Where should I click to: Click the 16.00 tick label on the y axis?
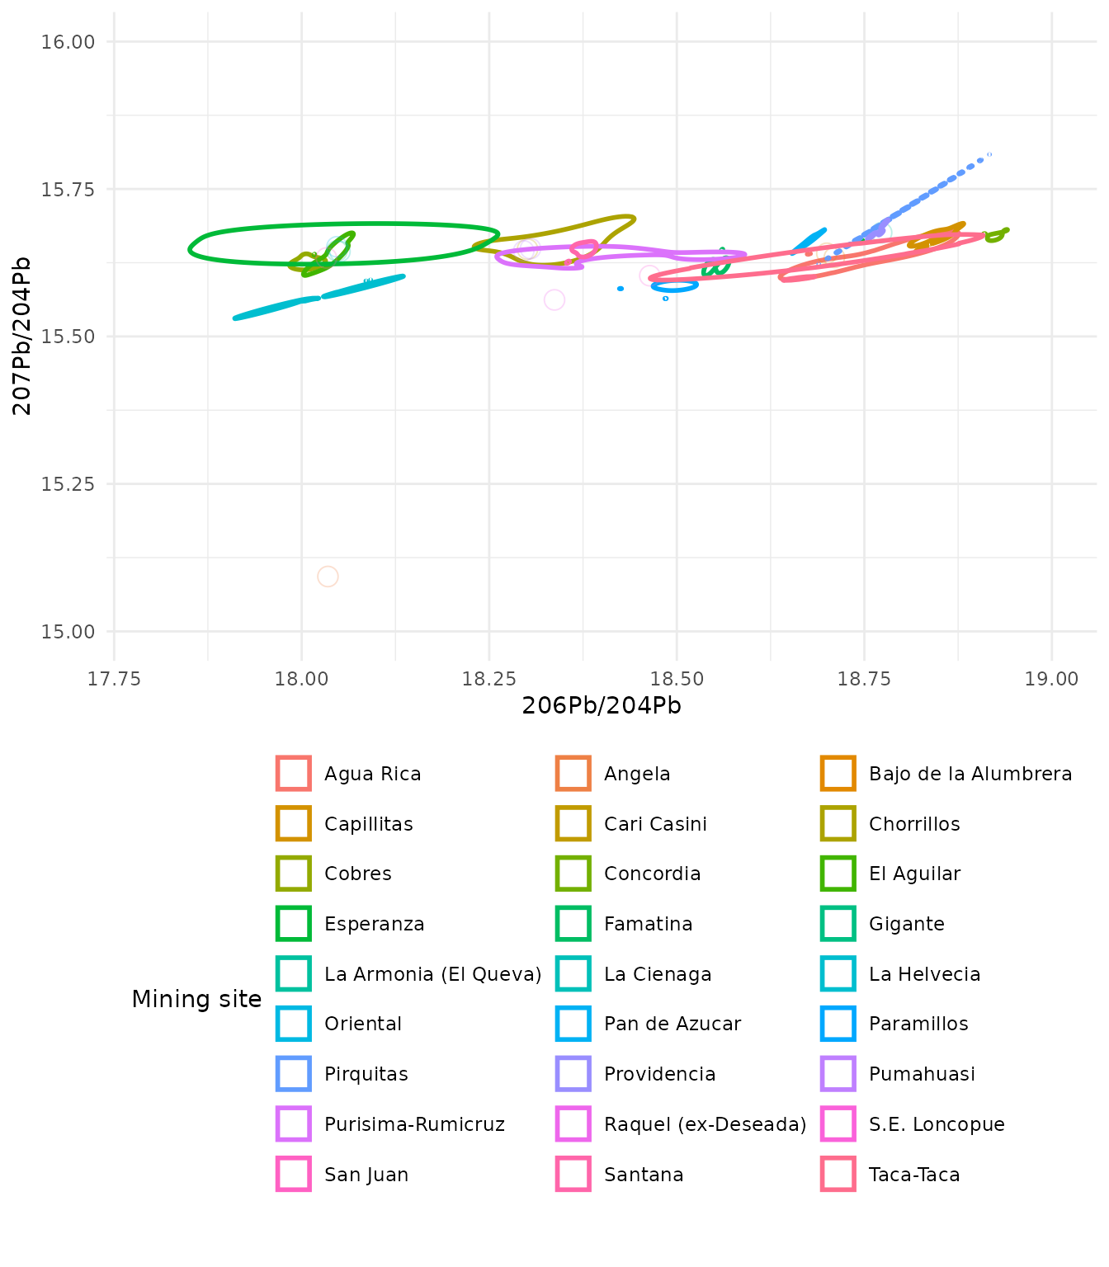pyautogui.click(x=68, y=42)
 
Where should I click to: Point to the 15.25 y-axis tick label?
pyautogui.click(x=68, y=484)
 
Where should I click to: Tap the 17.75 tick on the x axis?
pyautogui.click(x=114, y=679)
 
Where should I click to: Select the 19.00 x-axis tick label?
pyautogui.click(x=1051, y=679)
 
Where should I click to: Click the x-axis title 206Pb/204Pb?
pyautogui.click(x=602, y=706)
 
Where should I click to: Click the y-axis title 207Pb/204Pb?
pyautogui.click(x=23, y=336)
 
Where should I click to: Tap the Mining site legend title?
pyautogui.click(x=196, y=1000)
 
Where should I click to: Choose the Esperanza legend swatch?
pyautogui.click(x=294, y=924)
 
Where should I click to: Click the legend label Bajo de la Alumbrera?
pyautogui.click(x=970, y=774)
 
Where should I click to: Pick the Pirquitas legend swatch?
pyautogui.click(x=294, y=1074)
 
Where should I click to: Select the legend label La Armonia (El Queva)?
pyautogui.click(x=432, y=974)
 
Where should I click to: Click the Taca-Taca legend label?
pyautogui.click(x=914, y=1175)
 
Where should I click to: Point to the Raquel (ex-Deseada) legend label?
pyautogui.click(x=705, y=1124)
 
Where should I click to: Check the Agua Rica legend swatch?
pyautogui.click(x=294, y=774)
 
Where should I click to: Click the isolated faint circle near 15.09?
pyautogui.click(x=328, y=577)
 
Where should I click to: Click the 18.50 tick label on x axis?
pyautogui.click(x=677, y=679)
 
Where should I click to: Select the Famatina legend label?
pyautogui.click(x=648, y=924)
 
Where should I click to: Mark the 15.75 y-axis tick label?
pyautogui.click(x=68, y=190)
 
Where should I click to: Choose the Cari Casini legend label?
pyautogui.click(x=655, y=824)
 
